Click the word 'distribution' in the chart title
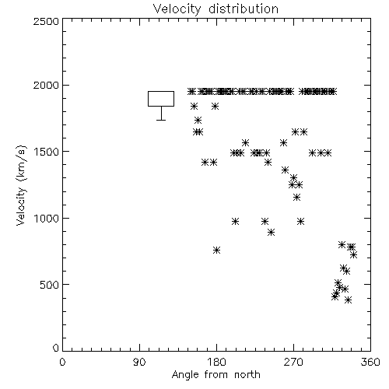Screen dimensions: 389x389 pyautogui.click(x=244, y=9)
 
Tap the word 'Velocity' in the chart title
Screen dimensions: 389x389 pyautogui.click(x=177, y=9)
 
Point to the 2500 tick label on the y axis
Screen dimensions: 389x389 pyautogui.click(x=46, y=21)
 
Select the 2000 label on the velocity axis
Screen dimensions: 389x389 pyautogui.click(x=46, y=86)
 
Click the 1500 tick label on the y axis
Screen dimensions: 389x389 pyautogui.click(x=47, y=152)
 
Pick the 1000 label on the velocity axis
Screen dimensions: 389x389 pyautogui.click(x=47, y=218)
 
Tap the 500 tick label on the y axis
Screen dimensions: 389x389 pyautogui.click(x=50, y=285)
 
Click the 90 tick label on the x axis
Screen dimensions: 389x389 pyautogui.click(x=139, y=362)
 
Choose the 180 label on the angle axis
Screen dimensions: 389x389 pyautogui.click(x=216, y=362)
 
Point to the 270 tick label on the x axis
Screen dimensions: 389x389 pyautogui.click(x=293, y=362)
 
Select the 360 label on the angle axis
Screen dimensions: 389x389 pyautogui.click(x=370, y=362)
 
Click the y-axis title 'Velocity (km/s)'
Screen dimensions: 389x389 pyautogui.click(x=21, y=184)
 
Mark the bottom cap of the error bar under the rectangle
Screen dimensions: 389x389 pyautogui.click(x=161, y=120)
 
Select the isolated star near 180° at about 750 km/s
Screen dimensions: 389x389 pyautogui.click(x=217, y=251)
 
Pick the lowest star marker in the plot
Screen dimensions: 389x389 pyautogui.click(x=349, y=300)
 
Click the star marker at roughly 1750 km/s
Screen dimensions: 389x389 pyautogui.click(x=198, y=120)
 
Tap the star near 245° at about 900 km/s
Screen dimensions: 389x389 pyautogui.click(x=271, y=233)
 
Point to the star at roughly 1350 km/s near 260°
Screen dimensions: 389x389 pyautogui.click(x=285, y=170)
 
